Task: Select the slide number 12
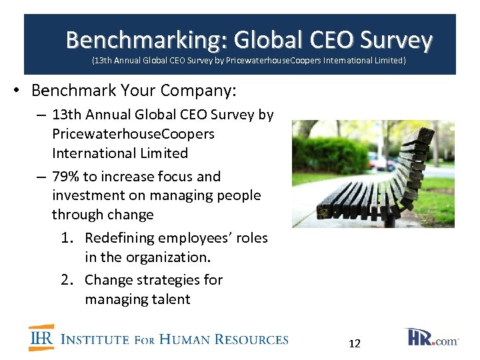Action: [355, 343]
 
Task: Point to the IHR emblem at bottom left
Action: [41, 337]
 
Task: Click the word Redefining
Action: [118, 238]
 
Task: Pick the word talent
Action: [168, 299]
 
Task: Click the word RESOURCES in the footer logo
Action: [252, 339]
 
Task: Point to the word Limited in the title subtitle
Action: [389, 61]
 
